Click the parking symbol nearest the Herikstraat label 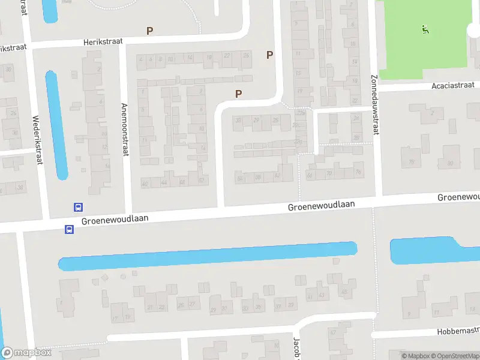click(150, 31)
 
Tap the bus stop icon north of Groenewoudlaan click(78, 208)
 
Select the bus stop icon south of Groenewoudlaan click(69, 229)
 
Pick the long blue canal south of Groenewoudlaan click(207, 256)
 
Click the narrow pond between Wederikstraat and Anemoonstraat click(56, 125)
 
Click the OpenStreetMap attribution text click(455, 356)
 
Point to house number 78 click(412, 163)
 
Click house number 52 click(202, 181)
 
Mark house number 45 click(344, 292)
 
